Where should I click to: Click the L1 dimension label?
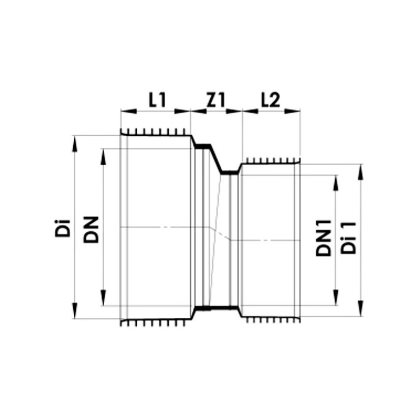coord(157,100)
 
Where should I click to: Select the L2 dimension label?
coord(271,100)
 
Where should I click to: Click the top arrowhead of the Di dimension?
coord(75,140)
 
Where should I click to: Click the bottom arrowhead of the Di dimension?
coord(75,314)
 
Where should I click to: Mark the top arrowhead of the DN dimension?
coord(104,153)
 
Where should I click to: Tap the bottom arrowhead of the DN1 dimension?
coord(336,301)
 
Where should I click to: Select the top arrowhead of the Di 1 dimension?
coord(361,168)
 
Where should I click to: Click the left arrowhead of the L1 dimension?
coord(125,110)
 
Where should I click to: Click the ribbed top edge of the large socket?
coord(155,134)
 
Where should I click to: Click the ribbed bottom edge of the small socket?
coord(269,320)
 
